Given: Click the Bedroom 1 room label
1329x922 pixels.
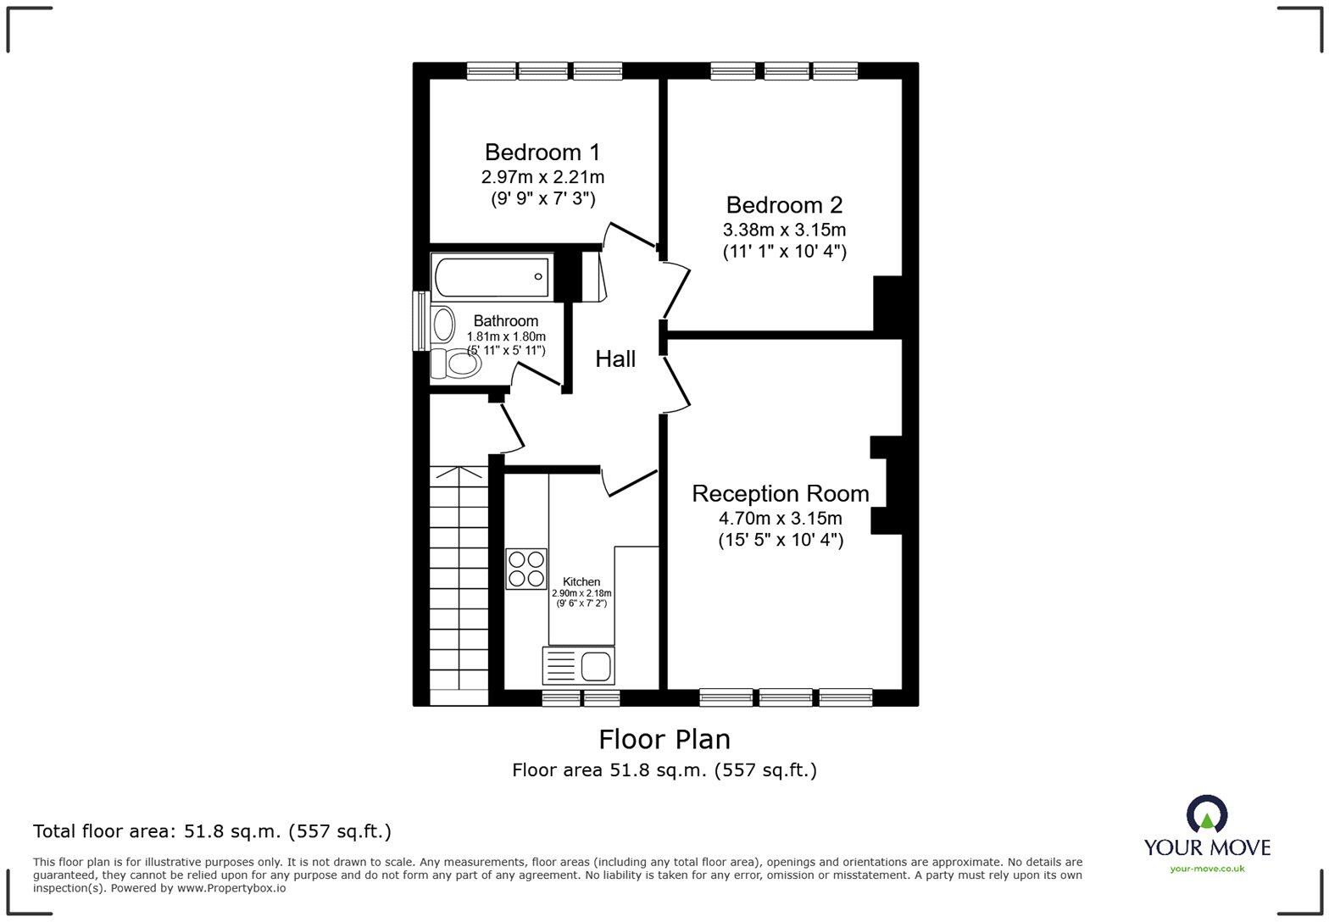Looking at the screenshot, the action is click(x=542, y=153).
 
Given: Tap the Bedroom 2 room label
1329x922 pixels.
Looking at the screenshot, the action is click(x=784, y=205).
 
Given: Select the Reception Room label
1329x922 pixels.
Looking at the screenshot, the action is click(x=780, y=494).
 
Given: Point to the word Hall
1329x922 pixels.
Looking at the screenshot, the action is click(x=615, y=359).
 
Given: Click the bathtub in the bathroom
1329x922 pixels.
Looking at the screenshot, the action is click(x=492, y=276).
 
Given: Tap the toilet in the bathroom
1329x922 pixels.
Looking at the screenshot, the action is click(x=456, y=363).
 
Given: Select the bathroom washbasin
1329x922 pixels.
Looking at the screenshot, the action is click(x=442, y=325).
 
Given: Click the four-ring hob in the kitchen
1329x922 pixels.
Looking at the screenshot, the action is click(x=526, y=569).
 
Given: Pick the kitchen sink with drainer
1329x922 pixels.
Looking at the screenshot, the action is click(x=578, y=666).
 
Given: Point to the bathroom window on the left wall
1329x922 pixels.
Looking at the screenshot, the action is click(x=420, y=320).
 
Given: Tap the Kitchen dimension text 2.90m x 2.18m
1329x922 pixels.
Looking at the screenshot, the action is click(x=581, y=592).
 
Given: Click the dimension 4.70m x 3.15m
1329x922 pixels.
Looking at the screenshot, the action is click(x=780, y=519).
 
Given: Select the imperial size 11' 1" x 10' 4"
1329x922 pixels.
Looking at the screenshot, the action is click(x=784, y=252).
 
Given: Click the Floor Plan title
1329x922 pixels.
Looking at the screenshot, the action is click(x=664, y=739).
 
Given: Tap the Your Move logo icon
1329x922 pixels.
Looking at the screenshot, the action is click(x=1207, y=814).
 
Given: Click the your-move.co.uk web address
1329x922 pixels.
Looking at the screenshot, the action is click(x=1207, y=869).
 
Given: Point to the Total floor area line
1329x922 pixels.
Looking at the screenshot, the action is click(x=213, y=831).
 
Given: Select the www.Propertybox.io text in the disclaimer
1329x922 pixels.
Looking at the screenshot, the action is click(x=231, y=888).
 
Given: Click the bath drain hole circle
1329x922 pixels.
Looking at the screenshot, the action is click(x=538, y=276).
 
